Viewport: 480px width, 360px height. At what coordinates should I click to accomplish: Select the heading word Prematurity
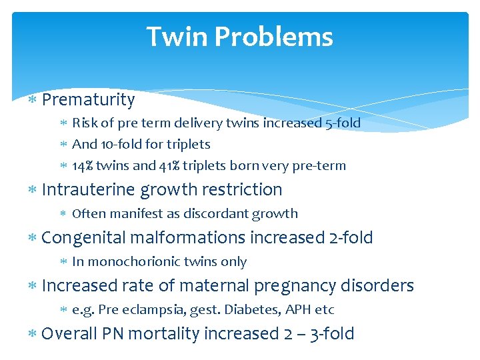point(88,100)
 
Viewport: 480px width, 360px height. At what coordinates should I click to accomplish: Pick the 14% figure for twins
point(83,165)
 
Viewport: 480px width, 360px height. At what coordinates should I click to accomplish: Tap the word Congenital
point(83,237)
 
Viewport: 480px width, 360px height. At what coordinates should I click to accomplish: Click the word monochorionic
point(133,261)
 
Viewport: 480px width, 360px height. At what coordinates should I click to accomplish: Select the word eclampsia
point(129,309)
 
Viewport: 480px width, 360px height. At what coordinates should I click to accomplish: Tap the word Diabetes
point(247,309)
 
